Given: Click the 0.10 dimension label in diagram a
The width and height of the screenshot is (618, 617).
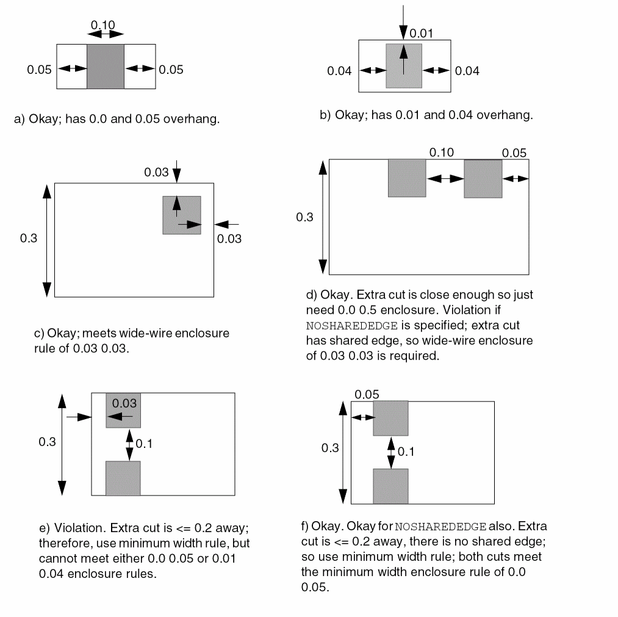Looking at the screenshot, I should pos(102,25).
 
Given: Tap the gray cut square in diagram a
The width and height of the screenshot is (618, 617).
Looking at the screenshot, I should pos(106,66).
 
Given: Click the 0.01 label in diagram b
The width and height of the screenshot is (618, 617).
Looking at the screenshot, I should pos(420,33).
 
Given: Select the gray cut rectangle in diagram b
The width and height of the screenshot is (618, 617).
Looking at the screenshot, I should pos(403,66).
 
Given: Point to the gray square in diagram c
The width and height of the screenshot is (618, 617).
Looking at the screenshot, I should pos(182,215).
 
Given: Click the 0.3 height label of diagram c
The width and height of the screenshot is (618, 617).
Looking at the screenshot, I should pos(29,238).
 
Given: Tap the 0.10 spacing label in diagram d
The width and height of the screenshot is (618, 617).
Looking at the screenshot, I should pos(441,153).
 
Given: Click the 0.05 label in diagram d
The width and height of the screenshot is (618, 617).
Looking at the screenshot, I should pos(514,153).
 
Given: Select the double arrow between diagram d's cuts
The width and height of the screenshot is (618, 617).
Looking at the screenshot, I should pos(445,178).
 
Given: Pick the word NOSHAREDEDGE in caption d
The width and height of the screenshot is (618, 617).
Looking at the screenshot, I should pos(345,326).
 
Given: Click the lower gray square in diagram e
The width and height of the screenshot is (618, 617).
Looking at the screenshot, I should pos(123,478).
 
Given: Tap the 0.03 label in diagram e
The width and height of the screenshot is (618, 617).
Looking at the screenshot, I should pos(124,403).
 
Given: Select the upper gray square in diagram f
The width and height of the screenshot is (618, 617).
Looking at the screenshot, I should pos(390,419).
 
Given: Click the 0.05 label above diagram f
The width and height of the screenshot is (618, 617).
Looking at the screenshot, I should pos(367,395).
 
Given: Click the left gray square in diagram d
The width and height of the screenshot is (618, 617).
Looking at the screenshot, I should pos(407,178).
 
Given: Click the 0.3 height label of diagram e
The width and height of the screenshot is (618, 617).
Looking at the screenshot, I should pos(47,442).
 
